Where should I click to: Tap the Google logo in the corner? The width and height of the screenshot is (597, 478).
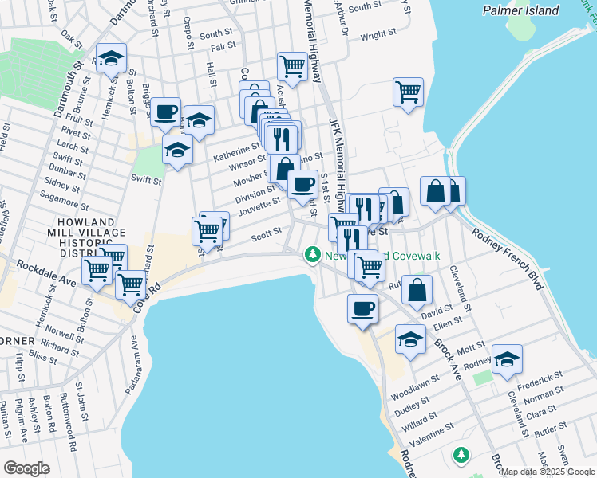(x=26, y=468)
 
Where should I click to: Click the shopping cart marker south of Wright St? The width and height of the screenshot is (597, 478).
(x=408, y=92)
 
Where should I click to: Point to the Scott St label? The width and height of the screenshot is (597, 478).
(x=267, y=233)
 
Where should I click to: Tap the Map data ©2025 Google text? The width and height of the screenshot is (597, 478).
(x=548, y=472)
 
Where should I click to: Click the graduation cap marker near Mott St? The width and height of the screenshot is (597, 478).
(x=410, y=339)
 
